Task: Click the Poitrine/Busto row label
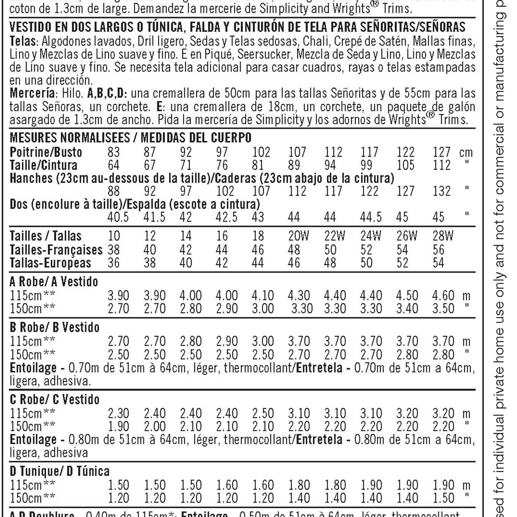pyautogui.click(x=46, y=152)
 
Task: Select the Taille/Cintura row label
pyautogui.click(x=43, y=166)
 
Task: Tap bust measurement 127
pyautogui.click(x=441, y=152)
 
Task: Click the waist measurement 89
pyautogui.click(x=294, y=166)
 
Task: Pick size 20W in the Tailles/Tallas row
pyautogui.click(x=298, y=236)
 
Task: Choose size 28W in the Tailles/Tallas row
pyautogui.click(x=443, y=236)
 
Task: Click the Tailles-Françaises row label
pyautogui.click(x=56, y=250)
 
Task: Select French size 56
pyautogui.click(x=438, y=250)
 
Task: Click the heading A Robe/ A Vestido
pyautogui.click(x=54, y=282)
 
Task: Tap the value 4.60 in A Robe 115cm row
pyautogui.click(x=443, y=295)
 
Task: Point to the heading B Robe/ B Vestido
pyautogui.click(x=54, y=327)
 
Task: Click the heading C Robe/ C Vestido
pyautogui.click(x=54, y=399)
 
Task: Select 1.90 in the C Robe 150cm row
pyautogui.click(x=118, y=426)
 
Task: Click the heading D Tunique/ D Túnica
pyautogui.click(x=59, y=471)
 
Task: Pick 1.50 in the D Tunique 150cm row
pyautogui.click(x=443, y=498)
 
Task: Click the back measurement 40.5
pyautogui.click(x=118, y=217)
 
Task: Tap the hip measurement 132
pyautogui.click(x=441, y=191)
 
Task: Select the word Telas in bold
pyautogui.click(x=23, y=41)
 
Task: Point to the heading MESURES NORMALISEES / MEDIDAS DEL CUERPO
pyautogui.click(x=130, y=137)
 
